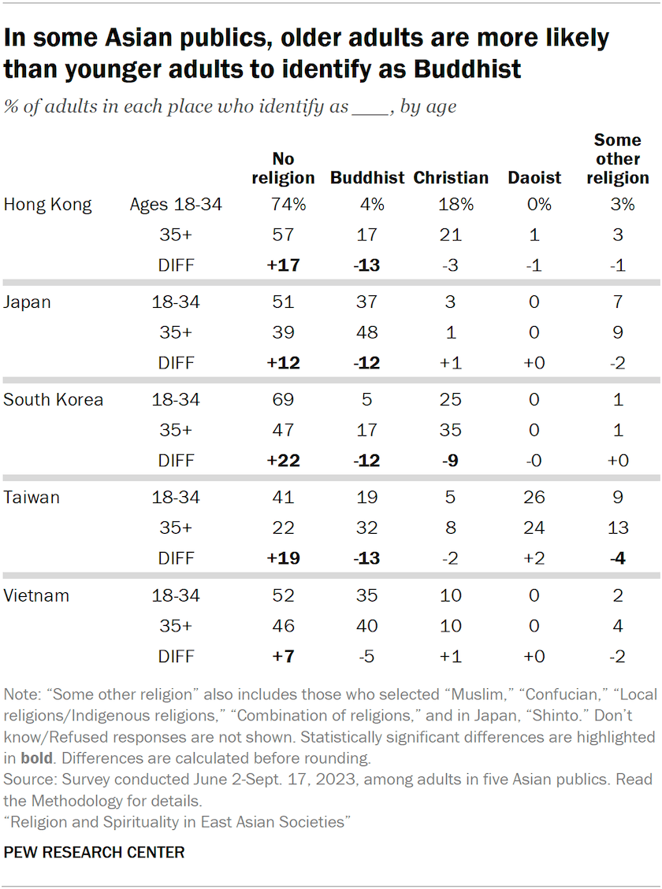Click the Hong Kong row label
click(48, 205)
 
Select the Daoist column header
click(534, 178)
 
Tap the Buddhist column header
click(367, 178)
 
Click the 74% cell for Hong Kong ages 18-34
click(283, 205)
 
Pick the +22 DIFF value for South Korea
click(283, 459)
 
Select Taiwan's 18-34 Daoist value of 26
click(534, 497)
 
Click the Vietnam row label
click(36, 595)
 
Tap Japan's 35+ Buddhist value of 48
click(367, 332)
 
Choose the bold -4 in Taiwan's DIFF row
click(618, 558)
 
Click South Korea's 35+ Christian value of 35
click(451, 430)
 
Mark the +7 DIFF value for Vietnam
click(283, 656)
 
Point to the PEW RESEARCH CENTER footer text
click(95, 852)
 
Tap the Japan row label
click(28, 302)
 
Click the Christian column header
click(451, 178)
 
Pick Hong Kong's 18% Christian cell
click(451, 205)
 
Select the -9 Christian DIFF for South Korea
click(451, 459)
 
